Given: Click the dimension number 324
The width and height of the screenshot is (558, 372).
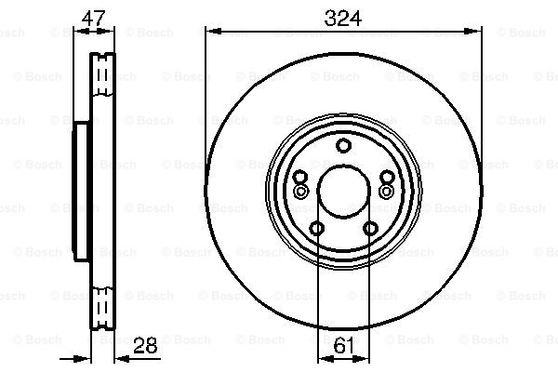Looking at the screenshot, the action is click(342, 19).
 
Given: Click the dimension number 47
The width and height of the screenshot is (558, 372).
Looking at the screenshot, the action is click(94, 19).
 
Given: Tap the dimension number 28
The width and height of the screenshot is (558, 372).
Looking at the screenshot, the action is click(145, 345).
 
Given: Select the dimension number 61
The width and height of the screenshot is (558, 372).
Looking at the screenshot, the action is click(344, 345).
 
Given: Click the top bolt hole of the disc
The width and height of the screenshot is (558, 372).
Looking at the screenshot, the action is click(344, 146).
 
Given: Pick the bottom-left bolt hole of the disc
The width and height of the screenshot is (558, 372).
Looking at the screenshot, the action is click(316, 228).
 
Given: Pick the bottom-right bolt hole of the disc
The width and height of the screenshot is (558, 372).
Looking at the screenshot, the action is click(370, 228).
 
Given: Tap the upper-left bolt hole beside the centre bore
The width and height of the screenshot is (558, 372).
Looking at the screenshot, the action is click(300, 177).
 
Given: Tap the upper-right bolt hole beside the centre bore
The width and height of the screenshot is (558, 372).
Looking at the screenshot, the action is click(387, 177).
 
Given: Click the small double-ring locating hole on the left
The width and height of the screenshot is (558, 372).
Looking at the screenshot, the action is click(300, 192).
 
